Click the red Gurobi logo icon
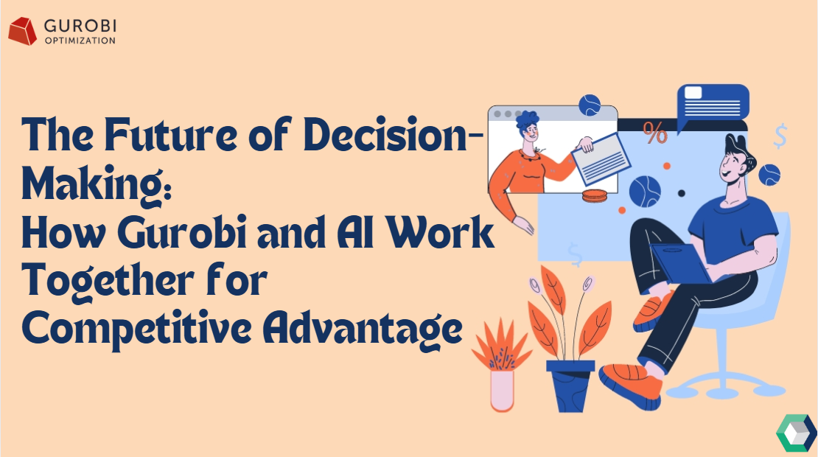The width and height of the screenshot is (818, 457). [x=22, y=31]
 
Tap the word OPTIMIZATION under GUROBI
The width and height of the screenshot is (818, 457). [x=80, y=41]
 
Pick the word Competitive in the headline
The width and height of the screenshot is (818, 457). [x=136, y=329]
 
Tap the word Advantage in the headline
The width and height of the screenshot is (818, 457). [x=362, y=329]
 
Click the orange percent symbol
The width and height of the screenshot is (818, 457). [x=654, y=133]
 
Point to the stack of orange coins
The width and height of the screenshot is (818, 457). [x=595, y=196]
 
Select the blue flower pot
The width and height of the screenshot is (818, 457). [x=570, y=386]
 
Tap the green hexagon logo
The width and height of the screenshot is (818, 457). [x=796, y=433]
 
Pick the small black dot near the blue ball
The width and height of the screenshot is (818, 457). [x=682, y=194]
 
